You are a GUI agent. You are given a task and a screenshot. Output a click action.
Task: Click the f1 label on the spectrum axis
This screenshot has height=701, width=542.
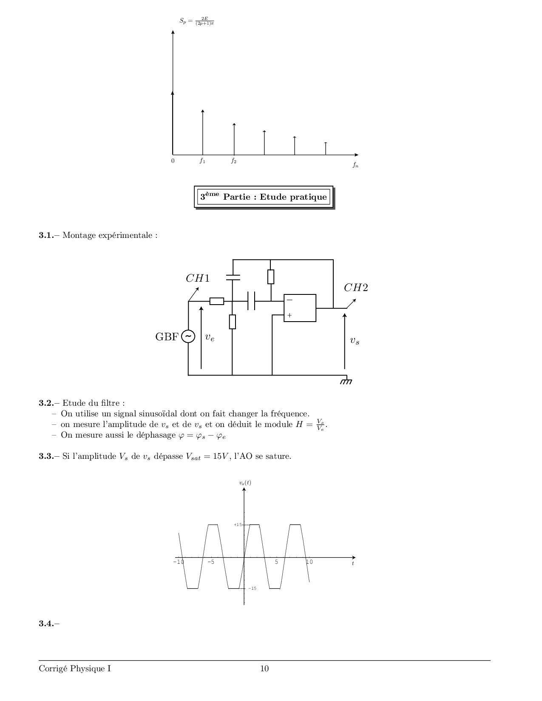pos(202,161)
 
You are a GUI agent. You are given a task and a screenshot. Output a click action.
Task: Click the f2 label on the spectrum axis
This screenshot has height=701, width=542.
pos(234,161)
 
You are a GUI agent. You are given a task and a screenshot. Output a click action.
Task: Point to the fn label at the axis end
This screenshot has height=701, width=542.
pos(355,165)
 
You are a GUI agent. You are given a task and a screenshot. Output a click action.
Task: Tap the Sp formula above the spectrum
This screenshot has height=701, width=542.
pos(197,21)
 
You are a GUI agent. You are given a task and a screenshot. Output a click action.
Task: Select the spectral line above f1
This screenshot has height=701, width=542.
pos(203,132)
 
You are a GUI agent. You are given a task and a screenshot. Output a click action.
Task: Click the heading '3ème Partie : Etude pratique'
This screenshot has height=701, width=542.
pos(264,197)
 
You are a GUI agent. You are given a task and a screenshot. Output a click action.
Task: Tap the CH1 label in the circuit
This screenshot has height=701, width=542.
pos(198,278)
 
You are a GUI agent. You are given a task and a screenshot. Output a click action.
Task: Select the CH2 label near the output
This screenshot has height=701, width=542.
pos(356,288)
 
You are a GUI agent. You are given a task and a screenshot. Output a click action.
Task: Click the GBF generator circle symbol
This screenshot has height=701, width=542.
pos(188,336)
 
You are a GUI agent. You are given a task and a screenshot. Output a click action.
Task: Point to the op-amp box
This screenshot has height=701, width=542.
pos(300,308)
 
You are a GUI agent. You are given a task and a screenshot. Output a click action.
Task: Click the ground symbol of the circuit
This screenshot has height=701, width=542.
pos(346,381)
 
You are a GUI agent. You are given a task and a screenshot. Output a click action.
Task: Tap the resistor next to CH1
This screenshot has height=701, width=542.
pos(217,301)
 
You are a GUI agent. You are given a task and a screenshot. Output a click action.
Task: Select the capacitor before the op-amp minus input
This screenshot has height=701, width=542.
pos(251,301)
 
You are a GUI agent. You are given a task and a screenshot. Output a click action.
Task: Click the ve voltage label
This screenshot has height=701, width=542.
pos(210,337)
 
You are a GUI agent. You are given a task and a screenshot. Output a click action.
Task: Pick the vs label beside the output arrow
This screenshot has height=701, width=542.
pos(355,341)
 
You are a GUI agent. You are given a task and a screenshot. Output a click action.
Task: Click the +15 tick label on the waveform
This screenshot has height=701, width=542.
pos(238,525)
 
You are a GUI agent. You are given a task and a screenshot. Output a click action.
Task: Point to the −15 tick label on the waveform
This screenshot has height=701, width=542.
pos(253,588)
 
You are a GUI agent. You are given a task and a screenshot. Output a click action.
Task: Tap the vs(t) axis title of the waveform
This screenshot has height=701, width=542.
pos(245,483)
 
